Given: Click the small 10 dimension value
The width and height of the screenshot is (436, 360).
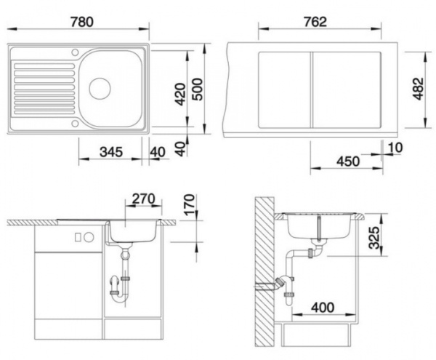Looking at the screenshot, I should click(x=395, y=149).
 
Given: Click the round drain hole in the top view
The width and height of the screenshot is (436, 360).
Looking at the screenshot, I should click(x=99, y=89).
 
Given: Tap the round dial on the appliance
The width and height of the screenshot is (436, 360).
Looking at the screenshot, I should click(x=88, y=237).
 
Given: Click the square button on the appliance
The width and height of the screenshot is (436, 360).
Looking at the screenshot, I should click(x=77, y=237).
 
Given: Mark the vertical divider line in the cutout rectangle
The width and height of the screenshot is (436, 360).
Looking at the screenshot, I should click(x=312, y=89).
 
